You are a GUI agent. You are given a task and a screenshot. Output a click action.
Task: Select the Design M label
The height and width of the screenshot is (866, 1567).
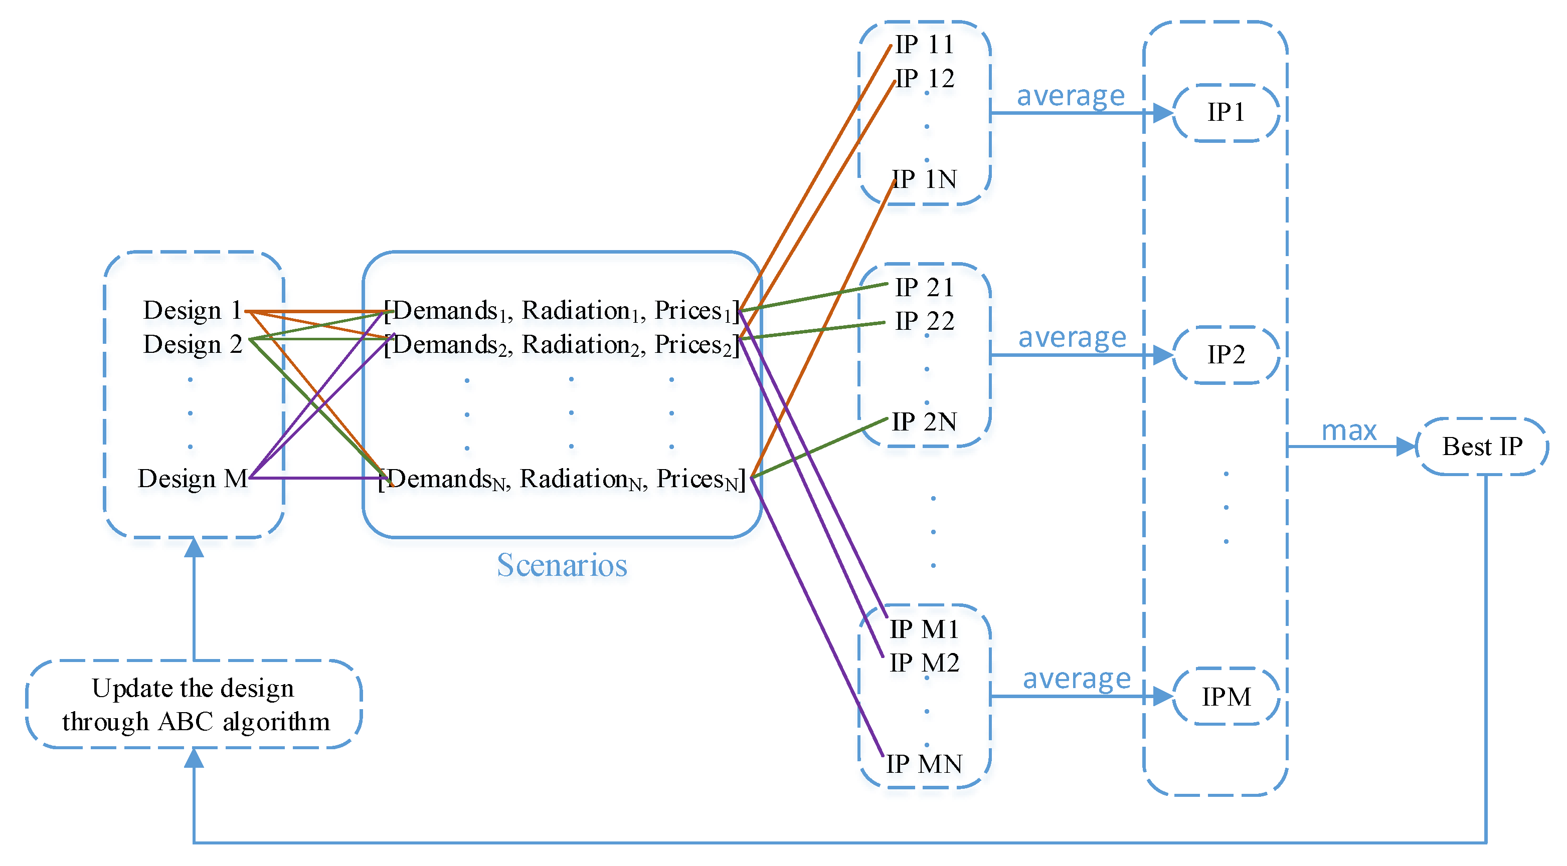tap(192, 479)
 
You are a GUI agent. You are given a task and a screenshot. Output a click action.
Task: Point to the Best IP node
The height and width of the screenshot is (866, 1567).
tap(1482, 447)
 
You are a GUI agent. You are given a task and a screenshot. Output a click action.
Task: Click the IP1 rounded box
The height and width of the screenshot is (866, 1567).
tap(1226, 112)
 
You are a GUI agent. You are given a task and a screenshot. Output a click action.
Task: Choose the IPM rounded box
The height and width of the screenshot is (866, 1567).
tap(1226, 696)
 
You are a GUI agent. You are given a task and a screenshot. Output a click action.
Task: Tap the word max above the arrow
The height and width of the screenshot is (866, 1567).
tap(1348, 430)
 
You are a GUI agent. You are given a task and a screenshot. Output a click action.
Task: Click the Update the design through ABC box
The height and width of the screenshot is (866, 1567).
tap(194, 705)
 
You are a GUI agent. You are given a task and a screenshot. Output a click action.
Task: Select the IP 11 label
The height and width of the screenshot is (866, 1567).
tap(924, 44)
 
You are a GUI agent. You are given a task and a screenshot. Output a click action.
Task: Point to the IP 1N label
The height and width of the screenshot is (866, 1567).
tap(924, 179)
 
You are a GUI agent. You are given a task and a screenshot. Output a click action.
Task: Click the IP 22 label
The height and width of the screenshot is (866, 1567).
tap(924, 321)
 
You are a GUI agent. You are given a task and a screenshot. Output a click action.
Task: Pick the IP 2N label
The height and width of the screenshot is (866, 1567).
tap(924, 421)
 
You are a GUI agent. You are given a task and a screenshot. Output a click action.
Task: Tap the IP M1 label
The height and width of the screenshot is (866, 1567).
tap(924, 629)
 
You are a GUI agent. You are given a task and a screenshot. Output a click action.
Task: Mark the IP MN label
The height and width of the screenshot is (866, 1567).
tap(924, 764)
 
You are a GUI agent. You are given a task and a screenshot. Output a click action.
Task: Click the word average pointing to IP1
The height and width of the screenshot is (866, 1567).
tap(1071, 96)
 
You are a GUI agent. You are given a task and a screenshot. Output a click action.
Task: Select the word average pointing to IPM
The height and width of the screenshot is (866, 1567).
tap(1076, 678)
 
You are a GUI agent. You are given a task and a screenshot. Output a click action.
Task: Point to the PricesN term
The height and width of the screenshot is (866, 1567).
tap(700, 479)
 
